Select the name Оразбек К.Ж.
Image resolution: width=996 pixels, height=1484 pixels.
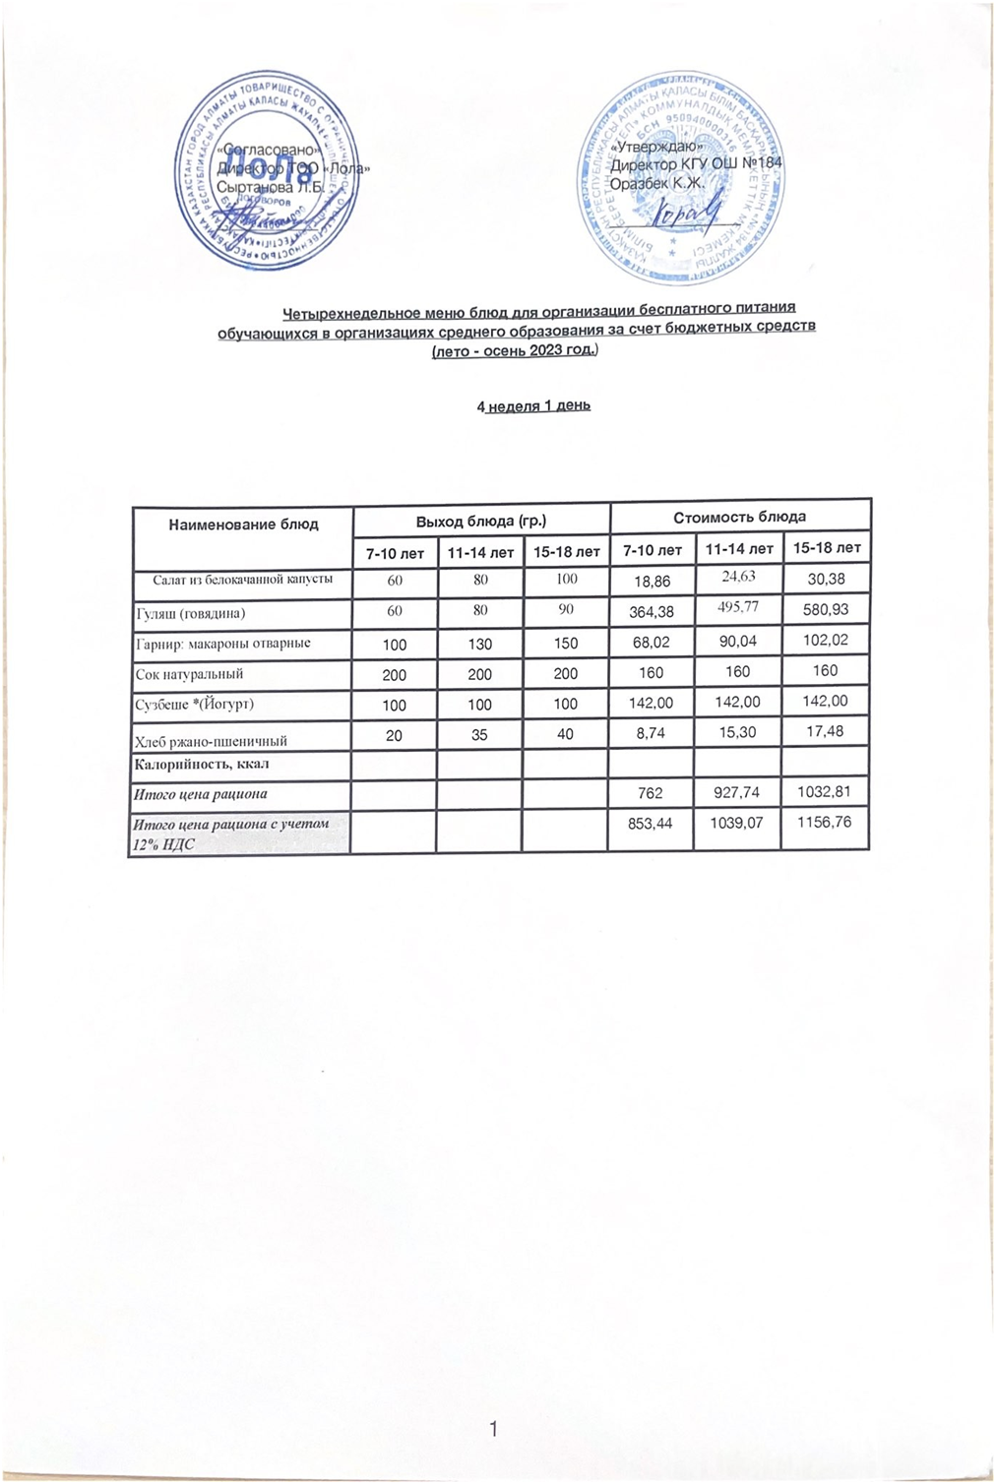tap(656, 184)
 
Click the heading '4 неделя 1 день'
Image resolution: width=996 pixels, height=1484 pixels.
tap(533, 405)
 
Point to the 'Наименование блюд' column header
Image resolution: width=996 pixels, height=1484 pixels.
tap(243, 525)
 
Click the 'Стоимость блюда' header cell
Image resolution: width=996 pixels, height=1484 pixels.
tap(739, 517)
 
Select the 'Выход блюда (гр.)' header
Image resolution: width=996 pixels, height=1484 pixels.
tap(480, 521)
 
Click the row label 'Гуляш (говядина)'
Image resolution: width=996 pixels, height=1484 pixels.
tap(190, 613)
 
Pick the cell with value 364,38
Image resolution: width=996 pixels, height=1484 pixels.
tap(652, 612)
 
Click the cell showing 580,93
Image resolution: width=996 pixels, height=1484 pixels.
tap(827, 609)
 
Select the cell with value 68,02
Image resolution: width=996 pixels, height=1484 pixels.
tap(652, 643)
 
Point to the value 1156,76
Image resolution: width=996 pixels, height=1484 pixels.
tap(825, 821)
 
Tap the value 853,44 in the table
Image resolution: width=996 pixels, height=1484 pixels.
tap(651, 823)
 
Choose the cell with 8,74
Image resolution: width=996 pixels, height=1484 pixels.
tap(651, 733)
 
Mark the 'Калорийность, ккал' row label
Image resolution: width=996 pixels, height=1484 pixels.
tap(202, 764)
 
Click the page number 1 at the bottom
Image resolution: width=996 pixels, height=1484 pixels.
tap(494, 1429)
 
